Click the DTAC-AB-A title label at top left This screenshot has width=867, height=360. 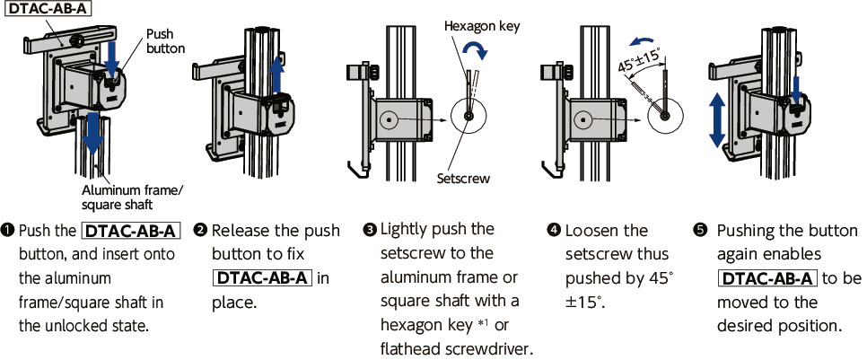click(x=49, y=11)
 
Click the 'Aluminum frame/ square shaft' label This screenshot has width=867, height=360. click(x=133, y=196)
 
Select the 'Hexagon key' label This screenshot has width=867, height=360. click(x=482, y=27)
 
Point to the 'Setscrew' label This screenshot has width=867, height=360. click(x=463, y=179)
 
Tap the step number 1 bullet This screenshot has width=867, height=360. click(x=8, y=231)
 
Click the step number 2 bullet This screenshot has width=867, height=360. click(x=201, y=231)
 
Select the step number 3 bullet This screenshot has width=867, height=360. click(x=369, y=231)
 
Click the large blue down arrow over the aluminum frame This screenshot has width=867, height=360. click(x=92, y=135)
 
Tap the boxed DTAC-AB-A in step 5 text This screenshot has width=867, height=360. click(x=768, y=277)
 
